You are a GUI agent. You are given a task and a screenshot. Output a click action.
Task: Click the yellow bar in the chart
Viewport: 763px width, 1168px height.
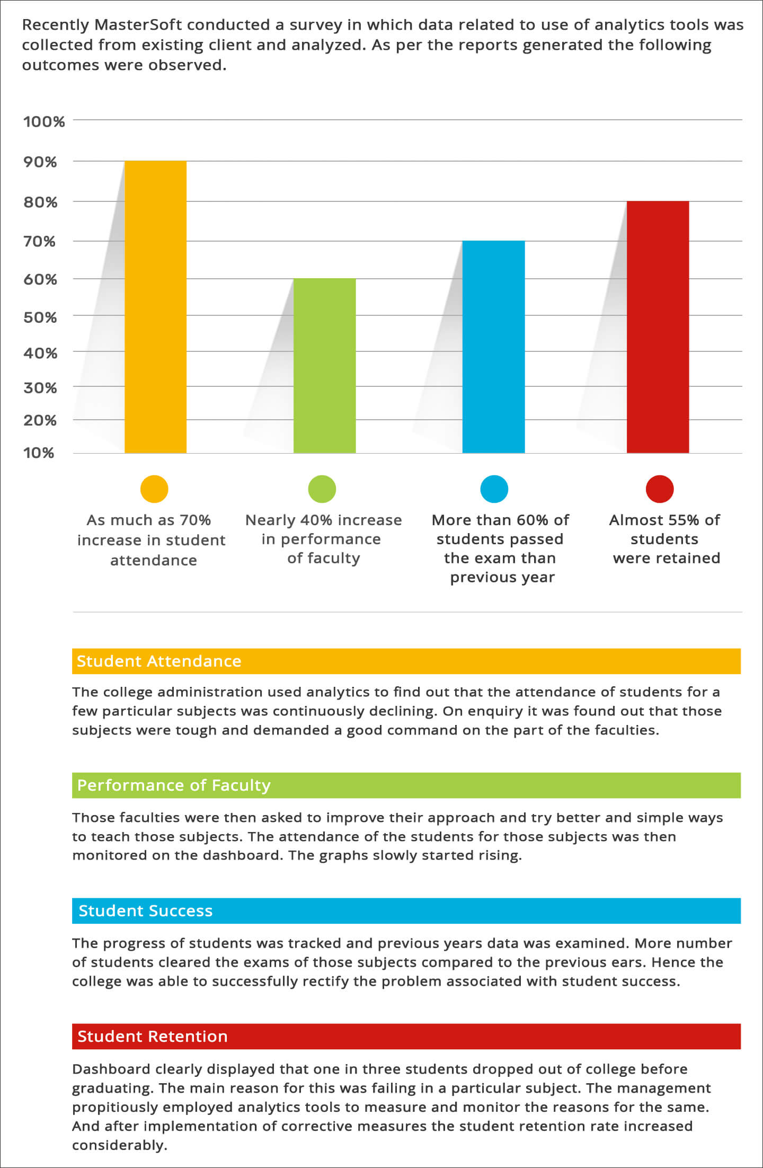tap(155, 307)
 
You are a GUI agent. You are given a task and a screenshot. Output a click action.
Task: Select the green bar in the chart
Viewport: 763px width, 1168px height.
tap(324, 366)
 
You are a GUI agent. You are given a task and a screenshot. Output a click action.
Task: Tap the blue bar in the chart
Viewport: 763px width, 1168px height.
tap(493, 347)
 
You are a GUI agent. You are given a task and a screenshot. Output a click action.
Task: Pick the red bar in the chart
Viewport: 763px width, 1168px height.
tap(658, 327)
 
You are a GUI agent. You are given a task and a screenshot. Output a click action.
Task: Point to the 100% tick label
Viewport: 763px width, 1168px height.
tap(44, 122)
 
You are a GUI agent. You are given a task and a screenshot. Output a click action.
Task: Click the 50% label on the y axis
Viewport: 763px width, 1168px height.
tap(40, 317)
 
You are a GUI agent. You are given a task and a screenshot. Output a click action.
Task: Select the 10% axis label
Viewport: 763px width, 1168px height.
tap(39, 453)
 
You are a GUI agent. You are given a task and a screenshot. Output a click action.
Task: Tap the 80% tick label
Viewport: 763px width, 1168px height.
tap(40, 202)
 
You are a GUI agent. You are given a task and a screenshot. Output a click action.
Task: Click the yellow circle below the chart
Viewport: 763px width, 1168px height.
tap(154, 489)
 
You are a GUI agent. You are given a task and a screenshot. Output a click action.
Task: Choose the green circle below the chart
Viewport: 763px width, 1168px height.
tap(322, 489)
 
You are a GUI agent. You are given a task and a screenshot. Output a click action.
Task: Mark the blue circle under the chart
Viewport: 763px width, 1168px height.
tap(494, 489)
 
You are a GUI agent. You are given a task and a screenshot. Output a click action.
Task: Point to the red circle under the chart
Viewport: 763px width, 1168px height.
tap(659, 489)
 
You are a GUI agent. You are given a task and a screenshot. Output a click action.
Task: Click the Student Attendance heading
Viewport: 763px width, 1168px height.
tap(159, 661)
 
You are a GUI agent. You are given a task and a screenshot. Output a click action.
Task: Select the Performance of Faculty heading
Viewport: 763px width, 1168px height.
tap(174, 785)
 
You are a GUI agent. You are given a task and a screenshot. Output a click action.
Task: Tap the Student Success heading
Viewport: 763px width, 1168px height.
tap(146, 910)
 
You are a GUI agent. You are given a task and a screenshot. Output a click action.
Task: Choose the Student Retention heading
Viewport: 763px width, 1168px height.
tap(153, 1036)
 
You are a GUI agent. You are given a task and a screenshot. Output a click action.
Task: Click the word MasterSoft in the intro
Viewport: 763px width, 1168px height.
tap(138, 25)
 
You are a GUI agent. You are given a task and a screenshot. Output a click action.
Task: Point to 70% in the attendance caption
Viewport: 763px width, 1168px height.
tap(195, 520)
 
